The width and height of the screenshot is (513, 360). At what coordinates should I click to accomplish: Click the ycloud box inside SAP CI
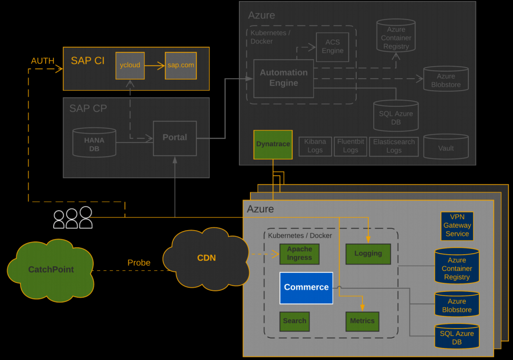tap(130, 65)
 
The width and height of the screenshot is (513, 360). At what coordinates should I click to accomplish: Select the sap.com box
tap(181, 65)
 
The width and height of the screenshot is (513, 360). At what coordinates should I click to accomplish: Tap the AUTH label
tap(43, 61)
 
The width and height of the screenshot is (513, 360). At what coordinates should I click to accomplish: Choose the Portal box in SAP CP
tap(174, 138)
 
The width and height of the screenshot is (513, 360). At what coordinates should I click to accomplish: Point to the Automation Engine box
tap(284, 78)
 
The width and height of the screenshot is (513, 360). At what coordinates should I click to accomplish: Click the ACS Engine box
tap(332, 47)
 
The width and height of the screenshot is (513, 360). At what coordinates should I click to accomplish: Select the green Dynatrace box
tap(273, 144)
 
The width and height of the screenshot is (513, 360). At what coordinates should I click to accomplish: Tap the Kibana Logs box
tap(315, 146)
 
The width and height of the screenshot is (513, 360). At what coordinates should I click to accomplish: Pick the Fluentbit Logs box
tap(350, 146)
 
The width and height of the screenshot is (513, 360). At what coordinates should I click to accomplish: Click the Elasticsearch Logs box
tap(394, 146)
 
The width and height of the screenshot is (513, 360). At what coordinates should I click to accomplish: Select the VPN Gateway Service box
tap(457, 226)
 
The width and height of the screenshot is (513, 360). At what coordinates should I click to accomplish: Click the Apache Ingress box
tap(300, 254)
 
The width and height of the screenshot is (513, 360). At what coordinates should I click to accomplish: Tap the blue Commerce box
tap(306, 288)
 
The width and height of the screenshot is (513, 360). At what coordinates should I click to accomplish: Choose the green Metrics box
tap(362, 321)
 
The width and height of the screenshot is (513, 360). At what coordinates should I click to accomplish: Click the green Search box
tap(295, 321)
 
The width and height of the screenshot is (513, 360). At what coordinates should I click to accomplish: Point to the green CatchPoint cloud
tap(50, 270)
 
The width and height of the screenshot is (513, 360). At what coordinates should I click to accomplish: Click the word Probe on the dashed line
tap(139, 263)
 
